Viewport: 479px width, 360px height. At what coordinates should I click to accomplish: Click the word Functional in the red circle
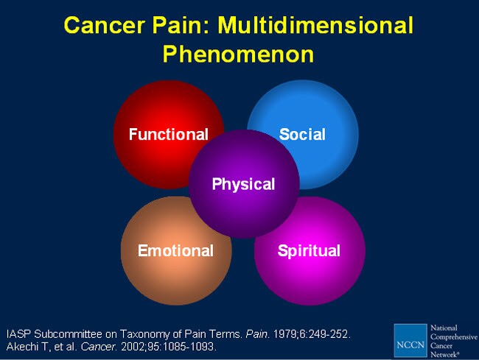[x=169, y=134]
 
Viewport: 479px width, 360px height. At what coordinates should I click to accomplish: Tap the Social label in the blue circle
[x=302, y=134]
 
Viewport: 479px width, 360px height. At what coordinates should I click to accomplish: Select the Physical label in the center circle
[x=243, y=185]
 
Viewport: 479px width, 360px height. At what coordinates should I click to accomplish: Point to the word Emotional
[x=175, y=251]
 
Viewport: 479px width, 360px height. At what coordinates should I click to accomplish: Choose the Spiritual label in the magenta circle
[x=309, y=251]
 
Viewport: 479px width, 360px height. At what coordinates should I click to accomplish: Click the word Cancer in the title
[x=105, y=25]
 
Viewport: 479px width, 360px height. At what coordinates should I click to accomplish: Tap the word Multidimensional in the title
[x=315, y=25]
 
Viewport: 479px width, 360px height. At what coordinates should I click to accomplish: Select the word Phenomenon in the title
[x=238, y=54]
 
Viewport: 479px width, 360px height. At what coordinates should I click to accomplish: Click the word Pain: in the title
[x=181, y=25]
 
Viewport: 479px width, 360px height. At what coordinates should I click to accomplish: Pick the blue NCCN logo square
[x=410, y=340]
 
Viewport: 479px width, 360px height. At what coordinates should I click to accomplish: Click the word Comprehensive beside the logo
[x=454, y=337]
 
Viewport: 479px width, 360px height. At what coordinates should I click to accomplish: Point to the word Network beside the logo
[x=445, y=355]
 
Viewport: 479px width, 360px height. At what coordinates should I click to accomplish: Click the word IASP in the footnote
[x=18, y=334]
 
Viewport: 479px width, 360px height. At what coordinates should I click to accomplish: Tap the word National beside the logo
[x=444, y=328]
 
